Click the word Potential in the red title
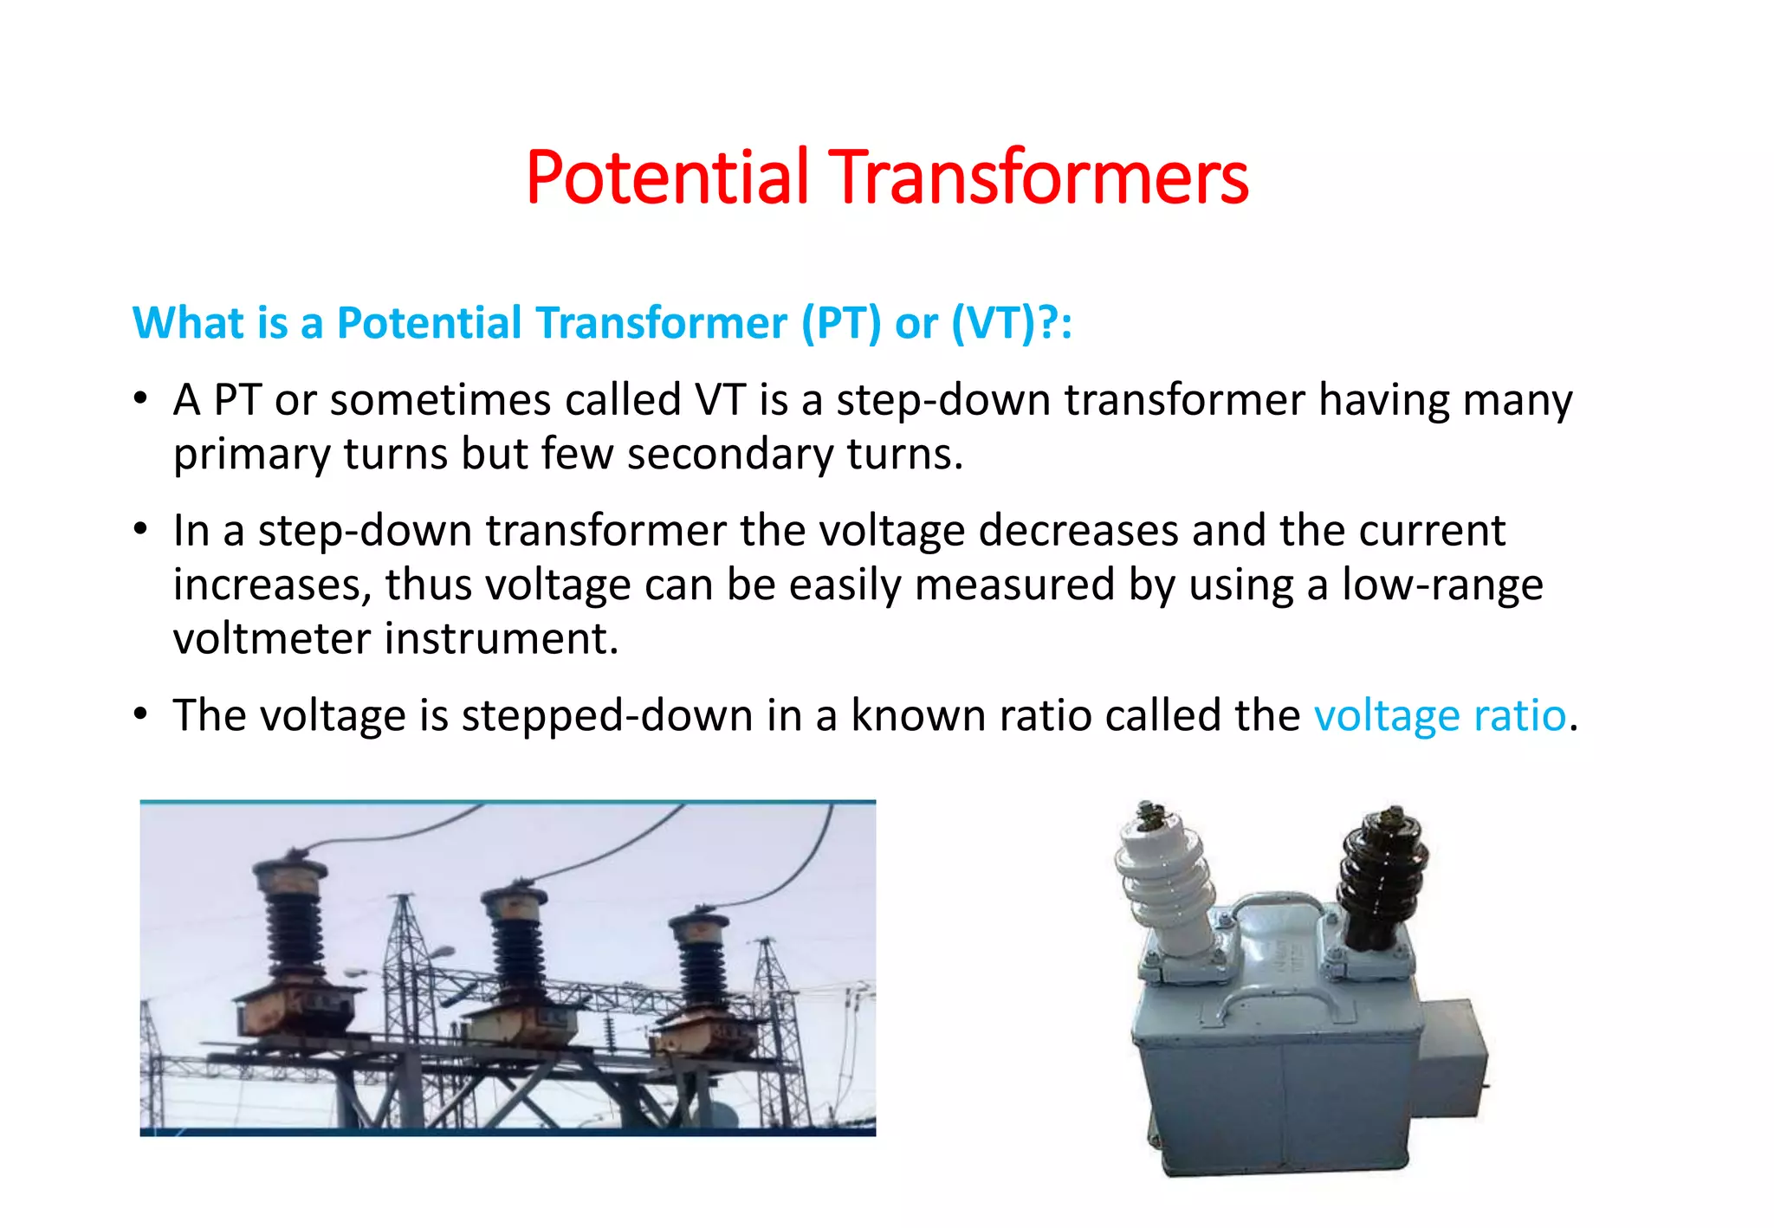667,178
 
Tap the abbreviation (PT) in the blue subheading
840,323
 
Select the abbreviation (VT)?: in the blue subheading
1012,323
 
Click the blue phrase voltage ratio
1440,716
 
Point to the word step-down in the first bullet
943,401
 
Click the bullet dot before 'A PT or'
141,400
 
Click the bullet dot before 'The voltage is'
141,715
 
